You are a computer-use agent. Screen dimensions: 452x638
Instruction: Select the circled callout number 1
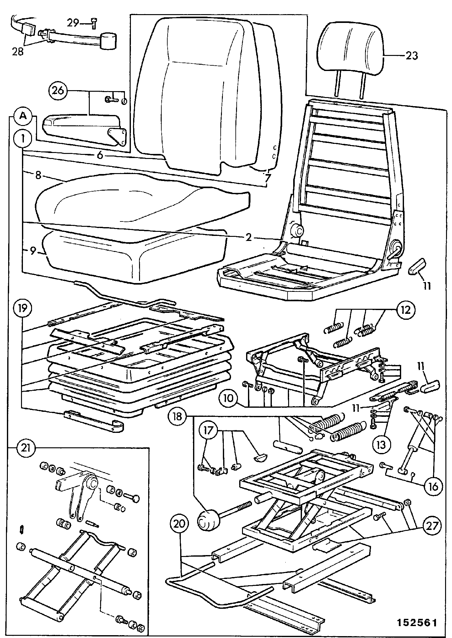click(x=22, y=139)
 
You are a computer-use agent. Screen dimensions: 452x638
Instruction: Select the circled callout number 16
click(x=433, y=486)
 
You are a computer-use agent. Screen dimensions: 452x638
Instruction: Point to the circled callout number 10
click(x=229, y=399)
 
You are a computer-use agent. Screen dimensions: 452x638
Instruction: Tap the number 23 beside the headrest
click(x=412, y=56)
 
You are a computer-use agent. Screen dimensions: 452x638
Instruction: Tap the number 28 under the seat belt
click(x=18, y=51)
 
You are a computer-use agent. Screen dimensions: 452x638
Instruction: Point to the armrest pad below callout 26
click(x=85, y=131)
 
